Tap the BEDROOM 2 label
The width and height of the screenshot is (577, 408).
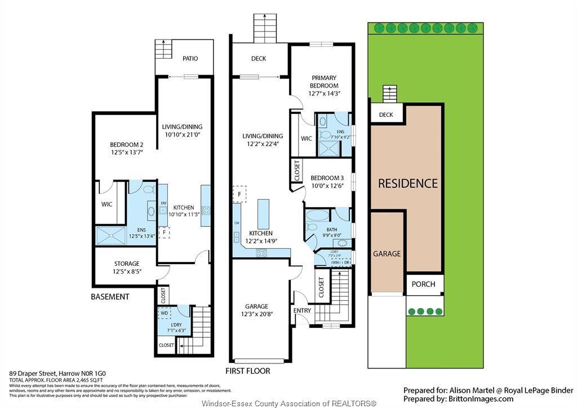[x=126, y=144]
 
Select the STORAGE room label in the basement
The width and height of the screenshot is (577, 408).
[x=126, y=264]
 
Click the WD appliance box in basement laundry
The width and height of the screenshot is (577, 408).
[x=164, y=313]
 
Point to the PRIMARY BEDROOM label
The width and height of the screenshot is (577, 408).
[x=324, y=81]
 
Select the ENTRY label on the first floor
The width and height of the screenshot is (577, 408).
[x=302, y=310]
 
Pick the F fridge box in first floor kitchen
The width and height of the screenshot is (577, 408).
[x=239, y=194]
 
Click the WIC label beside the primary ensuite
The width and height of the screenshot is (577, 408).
[x=307, y=138]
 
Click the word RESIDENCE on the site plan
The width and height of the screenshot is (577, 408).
[x=407, y=183]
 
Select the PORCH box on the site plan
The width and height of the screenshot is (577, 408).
[x=423, y=284]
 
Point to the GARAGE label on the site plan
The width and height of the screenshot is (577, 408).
[x=387, y=254]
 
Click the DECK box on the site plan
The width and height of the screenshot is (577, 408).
[x=386, y=115]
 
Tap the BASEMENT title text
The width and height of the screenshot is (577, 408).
[x=110, y=297]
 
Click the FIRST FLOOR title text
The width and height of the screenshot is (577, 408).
[x=248, y=371]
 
